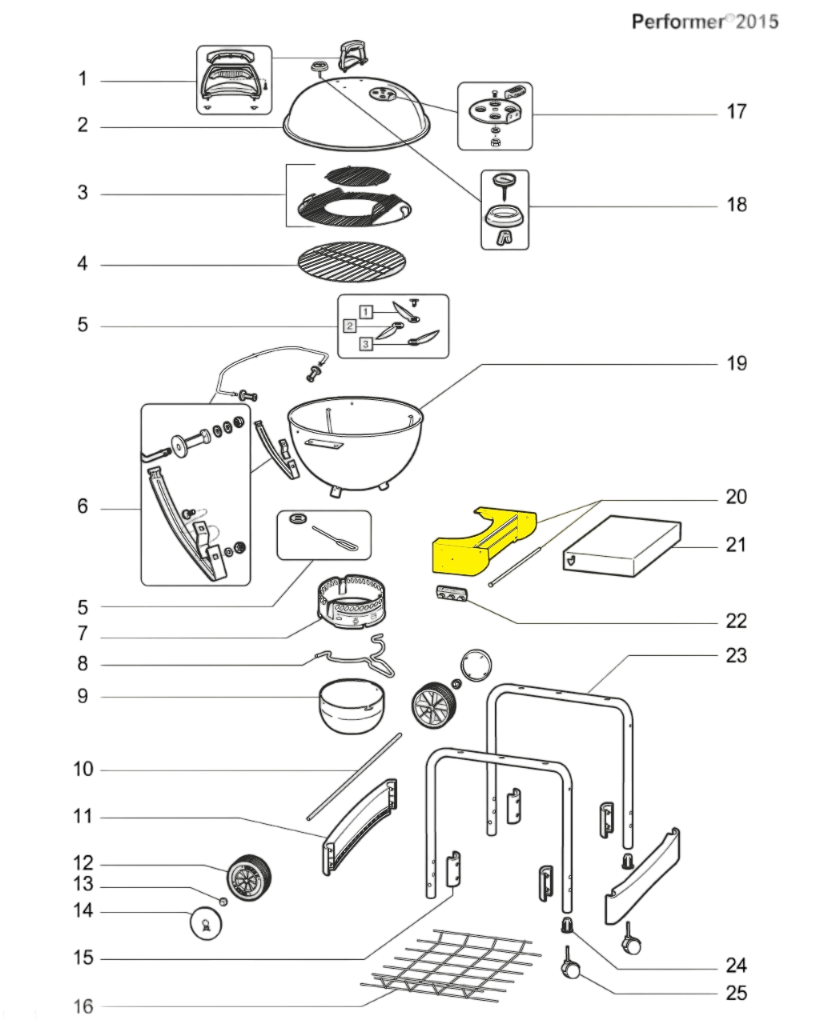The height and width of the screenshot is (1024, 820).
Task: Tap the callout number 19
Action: point(736,363)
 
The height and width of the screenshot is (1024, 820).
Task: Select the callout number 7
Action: point(82,635)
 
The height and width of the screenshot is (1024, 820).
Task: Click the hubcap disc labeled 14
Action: point(205,925)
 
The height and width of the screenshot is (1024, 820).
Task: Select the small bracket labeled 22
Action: point(451,596)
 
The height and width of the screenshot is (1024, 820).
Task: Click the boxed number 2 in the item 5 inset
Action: point(349,326)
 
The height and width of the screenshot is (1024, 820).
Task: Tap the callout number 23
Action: point(736,655)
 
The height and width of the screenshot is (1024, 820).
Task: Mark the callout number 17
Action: point(736,111)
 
